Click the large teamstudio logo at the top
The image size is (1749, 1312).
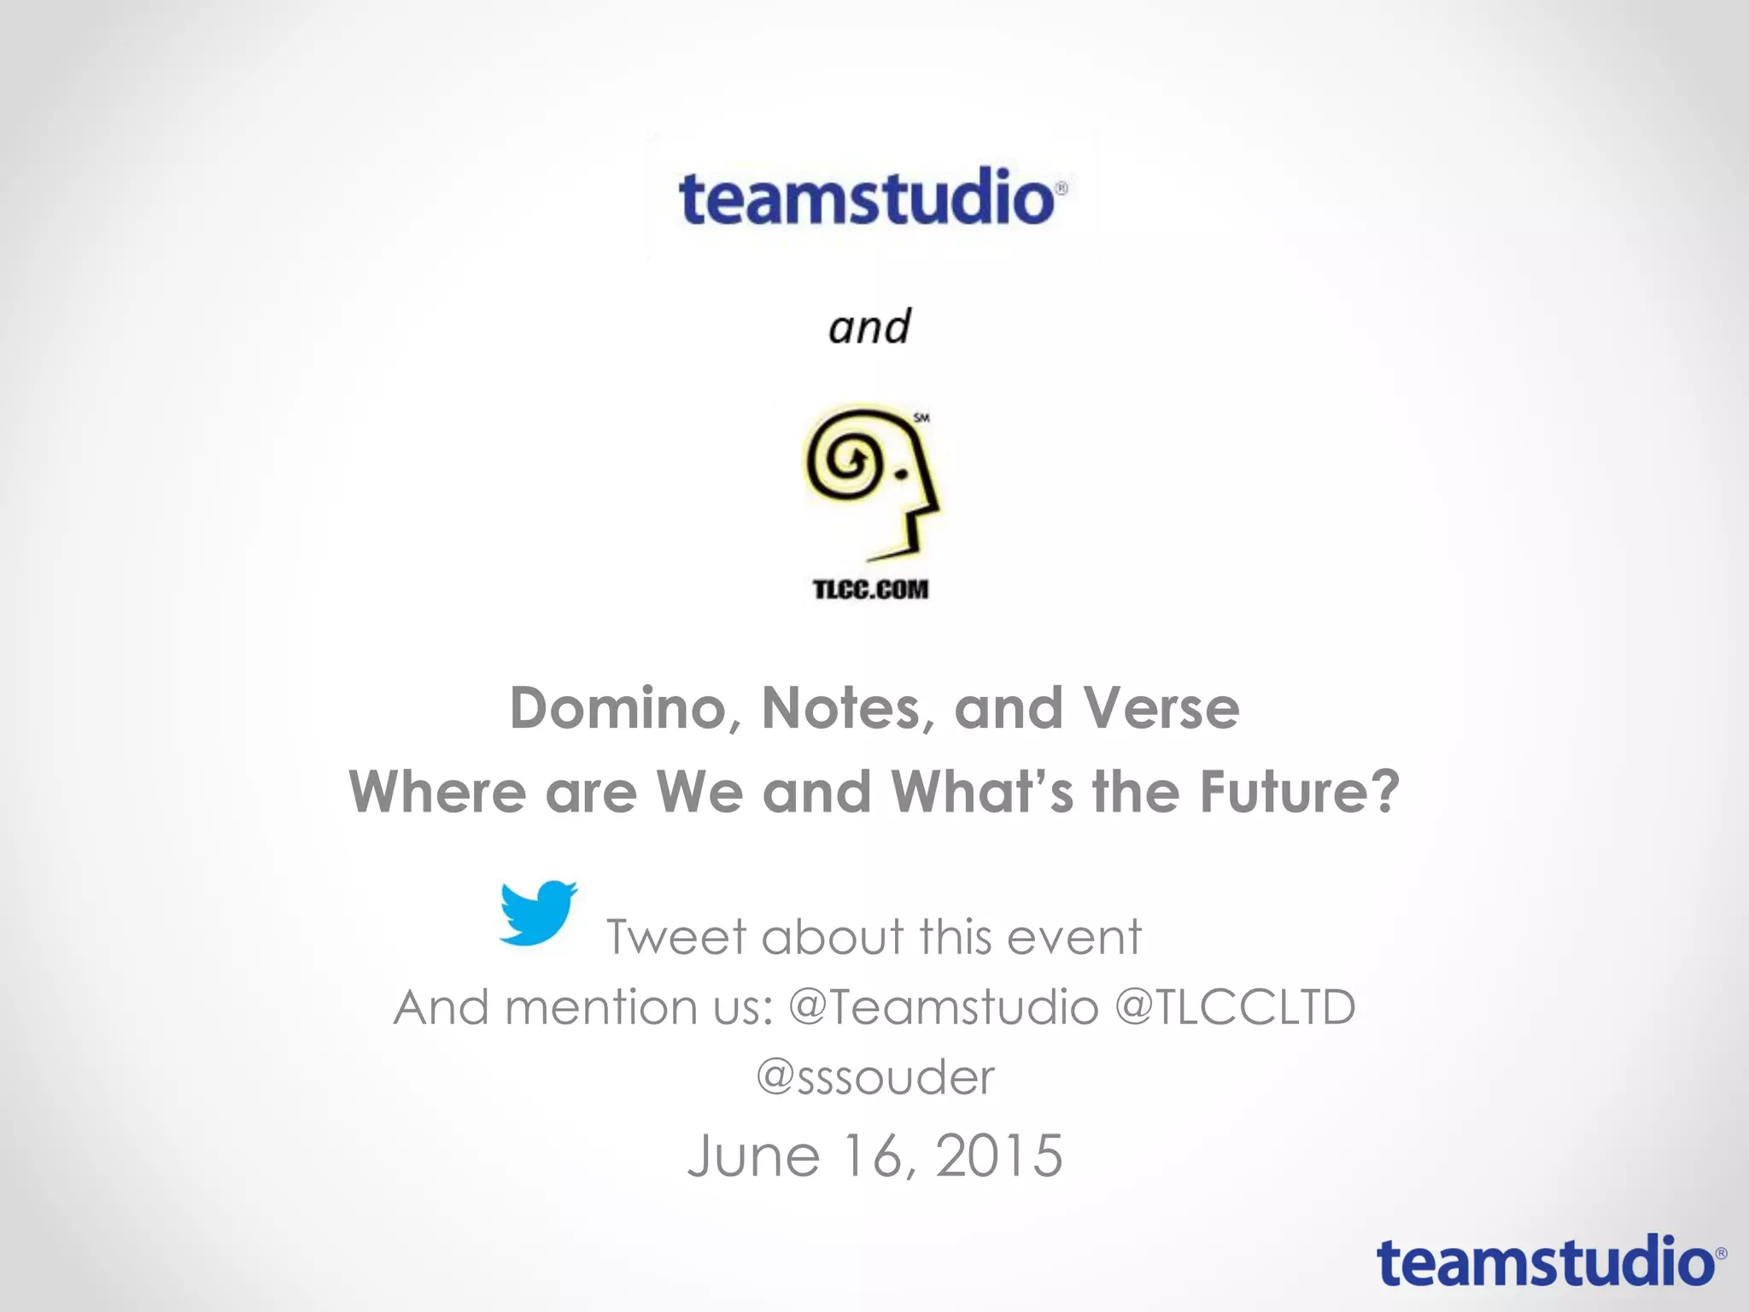pyautogui.click(x=871, y=197)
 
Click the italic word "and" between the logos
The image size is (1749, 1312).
pyautogui.click(x=869, y=327)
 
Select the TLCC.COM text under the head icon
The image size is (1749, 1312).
pyautogui.click(x=870, y=589)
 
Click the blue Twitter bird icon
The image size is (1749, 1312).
pyautogui.click(x=538, y=912)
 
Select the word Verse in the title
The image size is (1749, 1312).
pyautogui.click(x=1161, y=709)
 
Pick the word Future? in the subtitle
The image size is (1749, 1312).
pyautogui.click(x=1299, y=792)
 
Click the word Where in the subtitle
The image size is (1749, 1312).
pyautogui.click(x=437, y=792)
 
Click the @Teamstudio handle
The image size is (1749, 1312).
pyautogui.click(x=943, y=1007)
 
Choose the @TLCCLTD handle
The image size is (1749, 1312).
pyautogui.click(x=1235, y=1007)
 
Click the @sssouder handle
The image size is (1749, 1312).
pyautogui.click(x=875, y=1077)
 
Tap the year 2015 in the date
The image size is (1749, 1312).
pyautogui.click(x=999, y=1156)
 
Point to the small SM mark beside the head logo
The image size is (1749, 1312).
pyautogui.click(x=921, y=418)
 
